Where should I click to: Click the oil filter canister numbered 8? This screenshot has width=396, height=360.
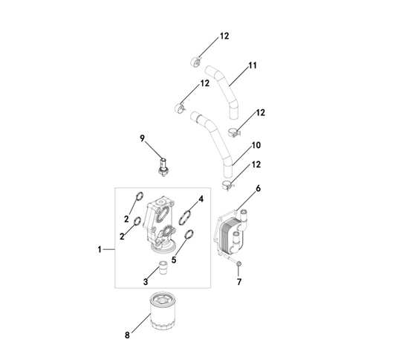(x=163, y=311)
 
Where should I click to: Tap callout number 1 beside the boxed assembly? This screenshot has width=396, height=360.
(x=100, y=250)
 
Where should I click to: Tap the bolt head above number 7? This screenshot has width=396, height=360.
(x=238, y=264)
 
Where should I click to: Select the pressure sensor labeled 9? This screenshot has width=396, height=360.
(x=163, y=167)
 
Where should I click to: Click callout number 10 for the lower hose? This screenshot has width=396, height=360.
(x=256, y=145)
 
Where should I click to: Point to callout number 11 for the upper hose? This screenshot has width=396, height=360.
(x=253, y=65)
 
